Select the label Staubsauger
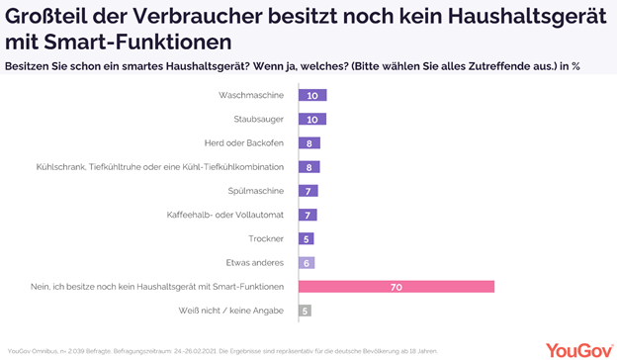(258, 120)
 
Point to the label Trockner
(266, 238)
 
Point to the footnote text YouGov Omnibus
(33, 350)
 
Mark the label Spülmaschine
(255, 191)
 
